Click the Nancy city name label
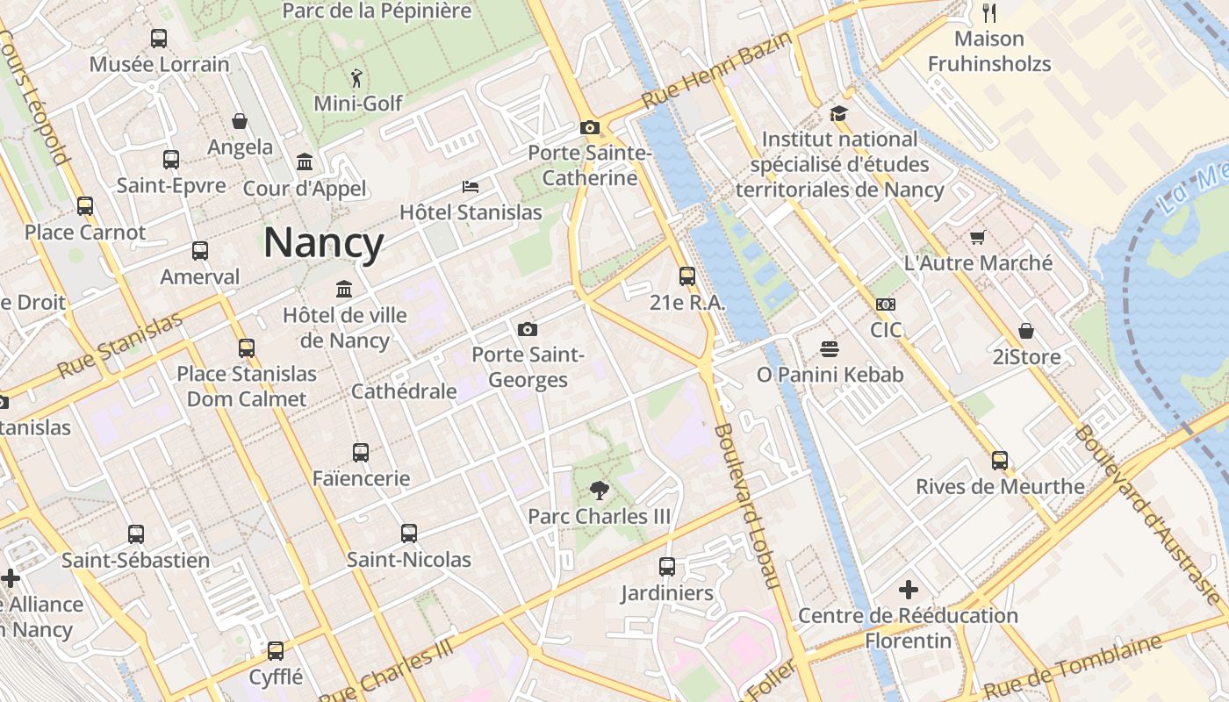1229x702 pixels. [x=324, y=243]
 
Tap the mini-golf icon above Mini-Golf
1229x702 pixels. [x=356, y=77]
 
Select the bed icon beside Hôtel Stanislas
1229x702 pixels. [x=471, y=187]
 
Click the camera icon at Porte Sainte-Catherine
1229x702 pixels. [x=590, y=128]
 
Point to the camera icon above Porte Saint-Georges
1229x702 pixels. [x=527, y=330]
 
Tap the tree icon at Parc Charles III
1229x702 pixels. [x=600, y=490]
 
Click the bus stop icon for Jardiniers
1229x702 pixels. [x=667, y=567]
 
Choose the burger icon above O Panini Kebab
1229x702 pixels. [x=830, y=349]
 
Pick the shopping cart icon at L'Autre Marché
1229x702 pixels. [x=977, y=237]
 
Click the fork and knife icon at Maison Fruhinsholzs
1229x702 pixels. [x=989, y=12]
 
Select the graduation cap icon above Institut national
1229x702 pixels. [x=838, y=114]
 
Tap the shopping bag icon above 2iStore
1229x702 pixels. [x=1025, y=331]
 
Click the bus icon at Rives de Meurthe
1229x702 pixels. [x=999, y=461]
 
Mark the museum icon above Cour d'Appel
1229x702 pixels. [x=305, y=162]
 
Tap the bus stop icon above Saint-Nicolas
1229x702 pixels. [x=409, y=534]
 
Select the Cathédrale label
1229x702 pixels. [x=404, y=391]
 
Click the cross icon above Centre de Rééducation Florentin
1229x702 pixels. [x=908, y=589]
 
